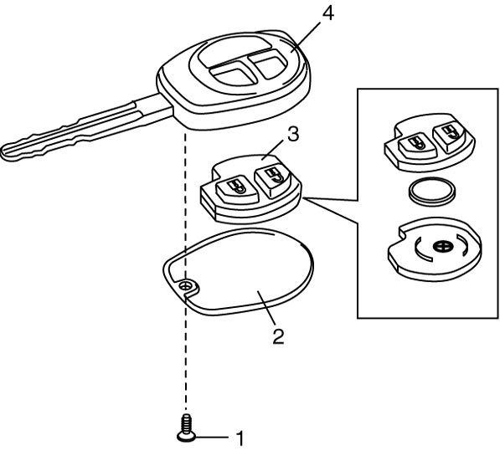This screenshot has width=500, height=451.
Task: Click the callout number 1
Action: coord(240,438)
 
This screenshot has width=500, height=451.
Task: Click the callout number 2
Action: coord(278,336)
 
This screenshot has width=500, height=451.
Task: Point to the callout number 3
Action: coord(293,135)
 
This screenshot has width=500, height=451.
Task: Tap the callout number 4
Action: coord(328,13)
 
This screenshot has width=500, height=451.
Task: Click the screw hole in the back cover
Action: coord(184,286)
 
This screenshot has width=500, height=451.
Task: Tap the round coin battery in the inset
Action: coord(433,192)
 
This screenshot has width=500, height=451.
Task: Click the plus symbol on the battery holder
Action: coord(441,247)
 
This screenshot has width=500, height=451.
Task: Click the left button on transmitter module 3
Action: coord(237,189)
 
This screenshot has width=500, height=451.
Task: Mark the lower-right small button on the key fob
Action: coord(269,65)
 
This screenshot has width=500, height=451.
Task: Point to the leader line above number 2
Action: coord(267,307)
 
